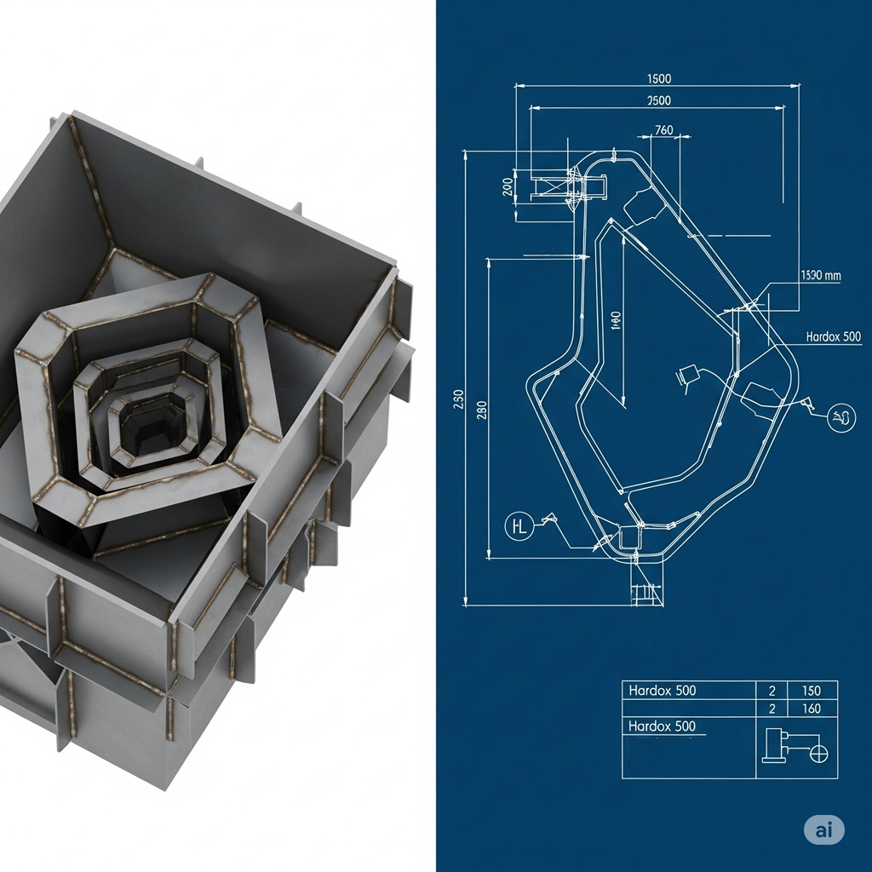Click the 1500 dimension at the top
(659, 78)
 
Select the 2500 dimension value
(659, 100)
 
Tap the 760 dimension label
(663, 130)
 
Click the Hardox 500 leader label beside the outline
(833, 336)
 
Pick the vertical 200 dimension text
(508, 186)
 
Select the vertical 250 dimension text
(458, 399)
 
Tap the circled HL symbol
(518, 526)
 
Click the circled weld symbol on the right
(841, 416)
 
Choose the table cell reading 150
(811, 691)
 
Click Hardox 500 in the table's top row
(662, 691)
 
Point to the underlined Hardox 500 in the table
(662, 726)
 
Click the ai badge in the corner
(823, 830)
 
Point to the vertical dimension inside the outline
(617, 321)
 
